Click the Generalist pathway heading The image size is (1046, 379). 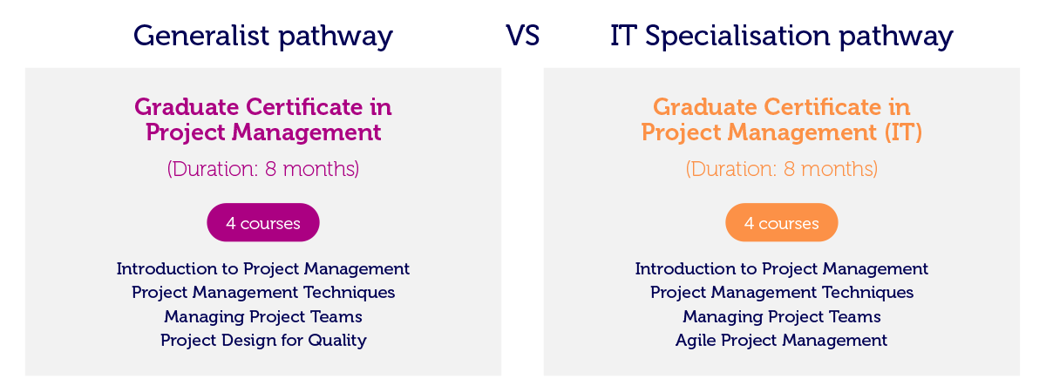(x=263, y=37)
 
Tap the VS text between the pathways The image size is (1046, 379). (x=522, y=36)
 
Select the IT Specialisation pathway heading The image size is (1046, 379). (x=782, y=37)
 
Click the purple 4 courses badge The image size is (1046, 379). (x=263, y=222)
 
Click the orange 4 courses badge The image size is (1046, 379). (x=782, y=222)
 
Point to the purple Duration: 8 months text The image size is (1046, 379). (x=263, y=169)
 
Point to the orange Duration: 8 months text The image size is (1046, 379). (x=782, y=169)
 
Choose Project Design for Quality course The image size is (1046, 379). (x=263, y=341)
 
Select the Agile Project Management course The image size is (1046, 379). (x=782, y=341)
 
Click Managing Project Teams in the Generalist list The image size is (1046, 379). (x=263, y=316)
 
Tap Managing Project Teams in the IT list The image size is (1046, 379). (x=782, y=316)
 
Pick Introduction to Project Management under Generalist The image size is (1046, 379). (x=263, y=269)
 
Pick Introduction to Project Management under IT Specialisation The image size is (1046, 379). (x=782, y=269)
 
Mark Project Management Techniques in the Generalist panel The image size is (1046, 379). (x=263, y=293)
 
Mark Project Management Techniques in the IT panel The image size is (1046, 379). (x=782, y=293)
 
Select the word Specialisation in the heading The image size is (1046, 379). (x=737, y=37)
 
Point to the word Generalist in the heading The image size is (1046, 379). (x=201, y=36)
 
